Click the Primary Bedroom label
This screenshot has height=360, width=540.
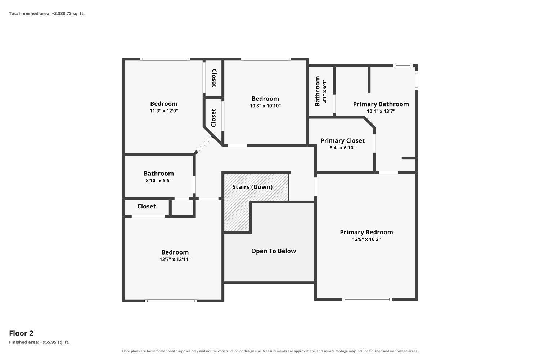(366, 232)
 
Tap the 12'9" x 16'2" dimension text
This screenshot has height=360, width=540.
(366, 239)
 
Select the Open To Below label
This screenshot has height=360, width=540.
(273, 251)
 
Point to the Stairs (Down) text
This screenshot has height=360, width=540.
(252, 187)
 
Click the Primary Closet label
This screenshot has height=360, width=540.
(342, 140)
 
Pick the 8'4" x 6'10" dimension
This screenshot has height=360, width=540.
(342, 148)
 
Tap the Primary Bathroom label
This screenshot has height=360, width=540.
(381, 104)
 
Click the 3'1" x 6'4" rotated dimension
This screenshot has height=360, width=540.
(324, 91)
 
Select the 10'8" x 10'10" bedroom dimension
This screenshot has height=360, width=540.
(265, 105)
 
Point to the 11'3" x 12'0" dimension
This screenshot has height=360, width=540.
(164, 111)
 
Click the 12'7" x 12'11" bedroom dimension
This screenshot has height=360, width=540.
(175, 259)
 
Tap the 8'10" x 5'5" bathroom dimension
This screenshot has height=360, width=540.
(158, 180)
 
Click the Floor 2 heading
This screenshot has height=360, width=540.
(21, 333)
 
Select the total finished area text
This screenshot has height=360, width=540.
(47, 14)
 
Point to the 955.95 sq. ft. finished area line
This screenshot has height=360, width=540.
(39, 342)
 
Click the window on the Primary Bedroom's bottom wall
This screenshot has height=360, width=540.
(367, 300)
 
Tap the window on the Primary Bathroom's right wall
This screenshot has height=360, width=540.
(417, 81)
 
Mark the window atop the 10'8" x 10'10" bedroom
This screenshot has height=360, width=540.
(266, 59)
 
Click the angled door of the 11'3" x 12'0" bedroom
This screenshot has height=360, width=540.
(204, 144)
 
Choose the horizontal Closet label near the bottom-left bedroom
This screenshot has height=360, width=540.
(146, 206)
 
